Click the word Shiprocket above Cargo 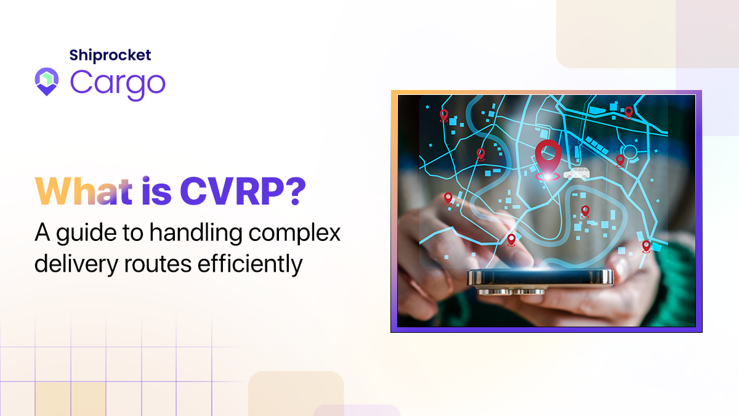tap(110, 55)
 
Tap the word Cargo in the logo tap(118, 82)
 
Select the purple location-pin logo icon tap(47, 82)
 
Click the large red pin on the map tap(546, 157)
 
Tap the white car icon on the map tap(575, 173)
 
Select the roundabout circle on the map tap(631, 152)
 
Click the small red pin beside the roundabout tap(620, 161)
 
